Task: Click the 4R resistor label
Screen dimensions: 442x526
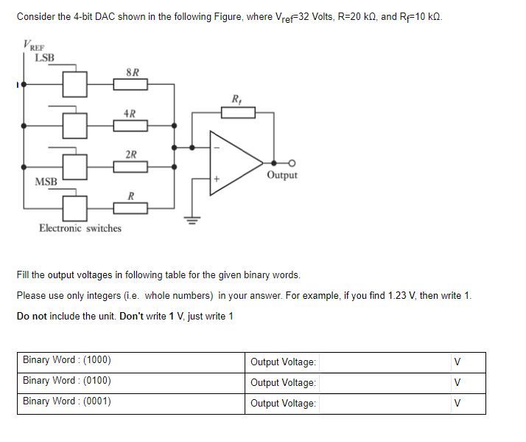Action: click(x=130, y=114)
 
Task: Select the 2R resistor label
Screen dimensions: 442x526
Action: click(x=130, y=154)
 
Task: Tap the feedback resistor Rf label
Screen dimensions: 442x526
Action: click(x=236, y=99)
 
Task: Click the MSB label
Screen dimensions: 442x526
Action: click(x=46, y=182)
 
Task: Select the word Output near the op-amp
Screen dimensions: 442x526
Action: click(x=282, y=176)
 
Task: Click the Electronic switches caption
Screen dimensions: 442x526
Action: click(x=80, y=228)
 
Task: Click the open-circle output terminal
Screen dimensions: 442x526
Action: click(x=292, y=163)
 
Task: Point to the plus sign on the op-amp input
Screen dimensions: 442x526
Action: click(x=217, y=179)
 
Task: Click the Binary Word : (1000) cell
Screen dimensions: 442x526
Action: click(x=67, y=361)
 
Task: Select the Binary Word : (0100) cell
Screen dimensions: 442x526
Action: click(x=67, y=381)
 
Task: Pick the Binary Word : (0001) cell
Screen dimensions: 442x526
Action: click(x=67, y=401)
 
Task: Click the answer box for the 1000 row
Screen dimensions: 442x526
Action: click(x=383, y=362)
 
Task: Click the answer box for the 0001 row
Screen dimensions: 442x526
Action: click(x=383, y=404)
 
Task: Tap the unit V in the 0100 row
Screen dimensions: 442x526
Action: click(x=457, y=383)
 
